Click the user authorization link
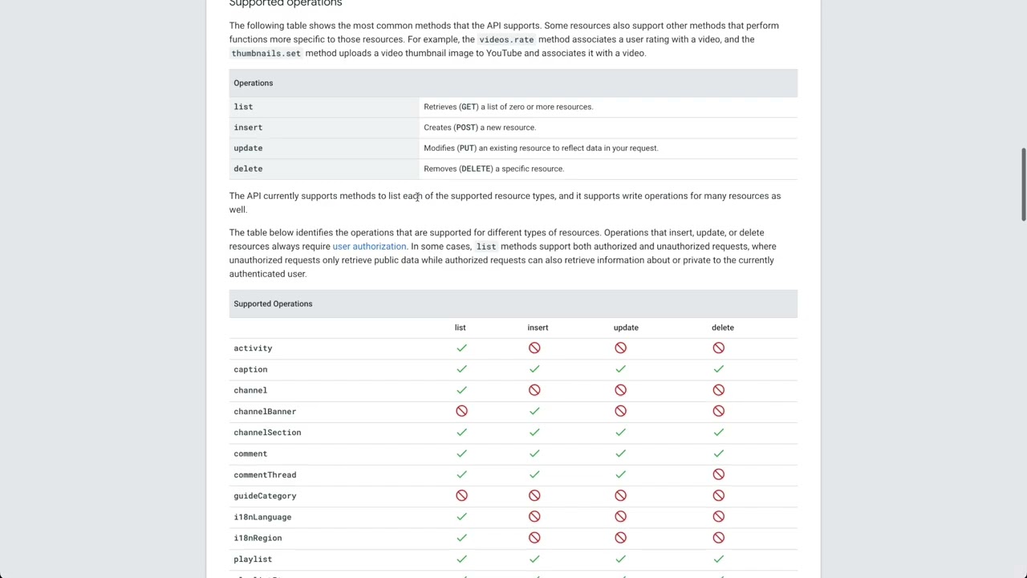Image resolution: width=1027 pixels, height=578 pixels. click(369, 246)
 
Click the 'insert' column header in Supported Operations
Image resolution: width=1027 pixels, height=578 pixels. click(538, 328)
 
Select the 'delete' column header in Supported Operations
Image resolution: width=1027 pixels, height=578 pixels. click(722, 328)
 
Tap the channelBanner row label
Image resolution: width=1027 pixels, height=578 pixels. click(265, 412)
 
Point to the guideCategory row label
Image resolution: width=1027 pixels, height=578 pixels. click(265, 496)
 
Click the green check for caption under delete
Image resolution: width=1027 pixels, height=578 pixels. click(718, 369)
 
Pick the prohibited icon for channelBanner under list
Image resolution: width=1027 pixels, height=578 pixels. click(461, 411)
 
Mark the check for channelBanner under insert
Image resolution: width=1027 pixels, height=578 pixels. click(534, 411)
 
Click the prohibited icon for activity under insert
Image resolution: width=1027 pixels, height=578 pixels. click(534, 348)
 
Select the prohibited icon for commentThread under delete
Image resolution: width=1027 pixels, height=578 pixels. click(718, 474)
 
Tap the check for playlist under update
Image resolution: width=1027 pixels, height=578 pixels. click(620, 559)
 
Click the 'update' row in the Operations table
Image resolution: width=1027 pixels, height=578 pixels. click(248, 149)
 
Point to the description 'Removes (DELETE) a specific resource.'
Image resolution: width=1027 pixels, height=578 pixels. click(493, 169)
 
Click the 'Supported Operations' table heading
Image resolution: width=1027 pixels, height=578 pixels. click(273, 303)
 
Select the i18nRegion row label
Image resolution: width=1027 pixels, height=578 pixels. click(258, 538)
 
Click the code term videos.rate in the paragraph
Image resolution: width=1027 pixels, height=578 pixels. click(506, 39)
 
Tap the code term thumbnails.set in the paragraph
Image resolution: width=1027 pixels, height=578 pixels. click(266, 54)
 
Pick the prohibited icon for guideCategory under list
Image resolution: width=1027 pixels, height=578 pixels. click(461, 495)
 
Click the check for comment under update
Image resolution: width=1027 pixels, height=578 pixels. click(620, 454)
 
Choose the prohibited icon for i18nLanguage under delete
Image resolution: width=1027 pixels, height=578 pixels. click(718, 516)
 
